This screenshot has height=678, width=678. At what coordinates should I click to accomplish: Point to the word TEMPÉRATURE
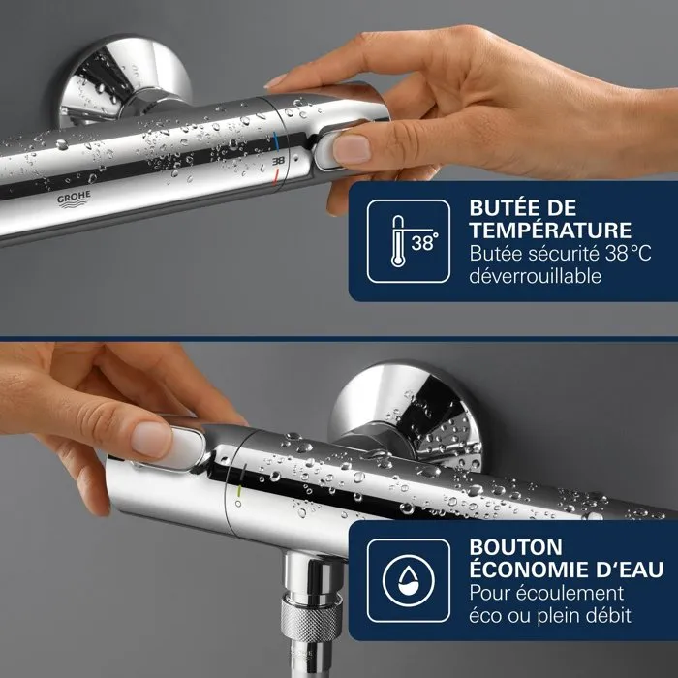click(x=550, y=231)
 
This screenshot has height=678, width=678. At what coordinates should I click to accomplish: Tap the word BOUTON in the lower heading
click(x=512, y=546)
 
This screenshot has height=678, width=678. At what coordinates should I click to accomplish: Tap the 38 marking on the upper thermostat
click(x=278, y=157)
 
